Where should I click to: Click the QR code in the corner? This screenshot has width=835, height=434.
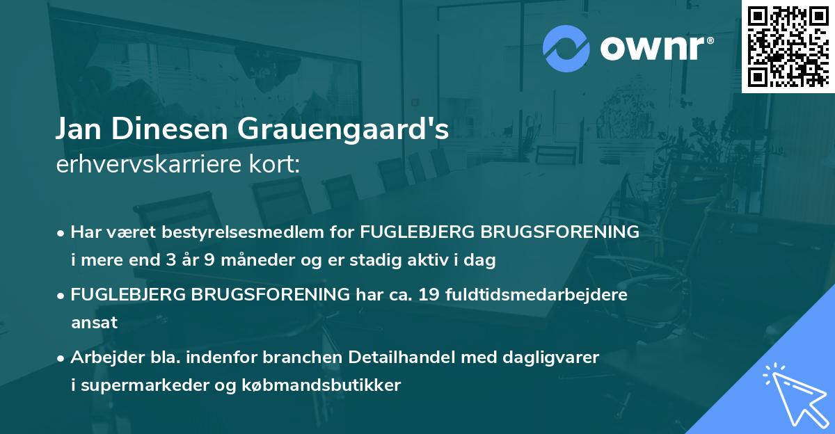(788, 46)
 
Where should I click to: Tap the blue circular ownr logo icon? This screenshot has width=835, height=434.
(566, 49)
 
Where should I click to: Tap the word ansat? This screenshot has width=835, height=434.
(94, 323)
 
